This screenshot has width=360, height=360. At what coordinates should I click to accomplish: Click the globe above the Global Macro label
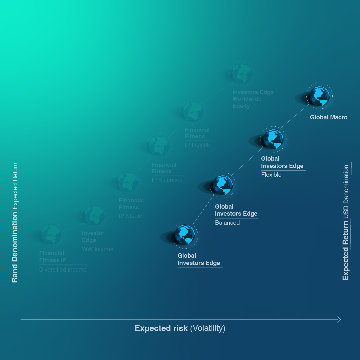319,96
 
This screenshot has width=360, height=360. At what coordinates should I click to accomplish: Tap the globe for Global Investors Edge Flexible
273,139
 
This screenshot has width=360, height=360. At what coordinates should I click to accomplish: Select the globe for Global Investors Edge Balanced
223,185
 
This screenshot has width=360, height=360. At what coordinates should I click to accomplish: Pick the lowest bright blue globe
185,235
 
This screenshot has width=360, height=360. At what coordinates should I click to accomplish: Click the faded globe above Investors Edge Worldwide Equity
242,73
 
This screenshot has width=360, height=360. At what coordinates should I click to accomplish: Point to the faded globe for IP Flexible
193,112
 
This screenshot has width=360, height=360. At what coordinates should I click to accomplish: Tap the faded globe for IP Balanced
159,146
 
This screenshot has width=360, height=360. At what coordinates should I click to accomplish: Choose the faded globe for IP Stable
128,182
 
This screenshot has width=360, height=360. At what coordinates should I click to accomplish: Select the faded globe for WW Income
95,215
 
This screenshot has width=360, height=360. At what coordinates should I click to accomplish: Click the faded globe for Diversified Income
51,234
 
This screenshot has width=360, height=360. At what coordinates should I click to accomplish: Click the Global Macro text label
329,117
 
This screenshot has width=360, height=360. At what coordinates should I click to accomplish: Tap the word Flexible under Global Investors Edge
271,175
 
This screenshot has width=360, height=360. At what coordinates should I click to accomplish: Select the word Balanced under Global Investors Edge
227,223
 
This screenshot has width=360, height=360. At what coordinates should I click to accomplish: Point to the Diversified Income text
63,270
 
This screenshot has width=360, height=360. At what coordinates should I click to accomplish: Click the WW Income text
98,249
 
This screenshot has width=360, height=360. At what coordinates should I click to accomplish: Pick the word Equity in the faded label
241,106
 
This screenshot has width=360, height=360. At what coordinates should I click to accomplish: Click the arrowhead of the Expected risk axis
339,320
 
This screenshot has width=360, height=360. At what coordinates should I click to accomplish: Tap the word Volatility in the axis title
208,328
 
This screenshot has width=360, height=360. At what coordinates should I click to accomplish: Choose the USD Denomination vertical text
346,192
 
